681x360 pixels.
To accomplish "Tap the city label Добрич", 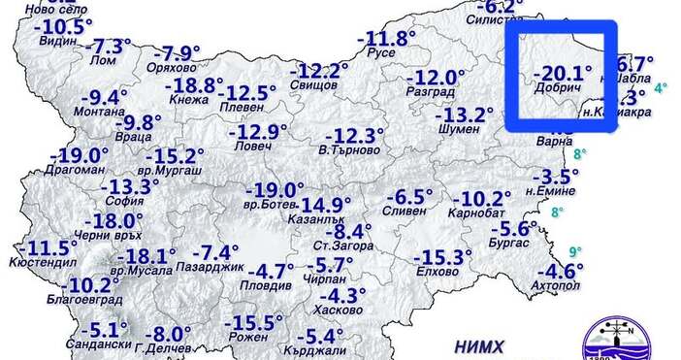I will [557, 88].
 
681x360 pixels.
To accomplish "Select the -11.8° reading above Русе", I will [385, 40].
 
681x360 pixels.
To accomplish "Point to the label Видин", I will [58, 43].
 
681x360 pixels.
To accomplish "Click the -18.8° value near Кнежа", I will [192, 85].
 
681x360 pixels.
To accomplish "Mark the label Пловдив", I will [270, 286].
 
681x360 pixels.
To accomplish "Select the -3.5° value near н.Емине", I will [556, 176].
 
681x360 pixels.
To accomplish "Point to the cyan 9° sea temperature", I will [576, 252].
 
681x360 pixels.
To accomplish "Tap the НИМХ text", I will [479, 344].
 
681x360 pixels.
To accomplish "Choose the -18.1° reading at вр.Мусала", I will [146, 256].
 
